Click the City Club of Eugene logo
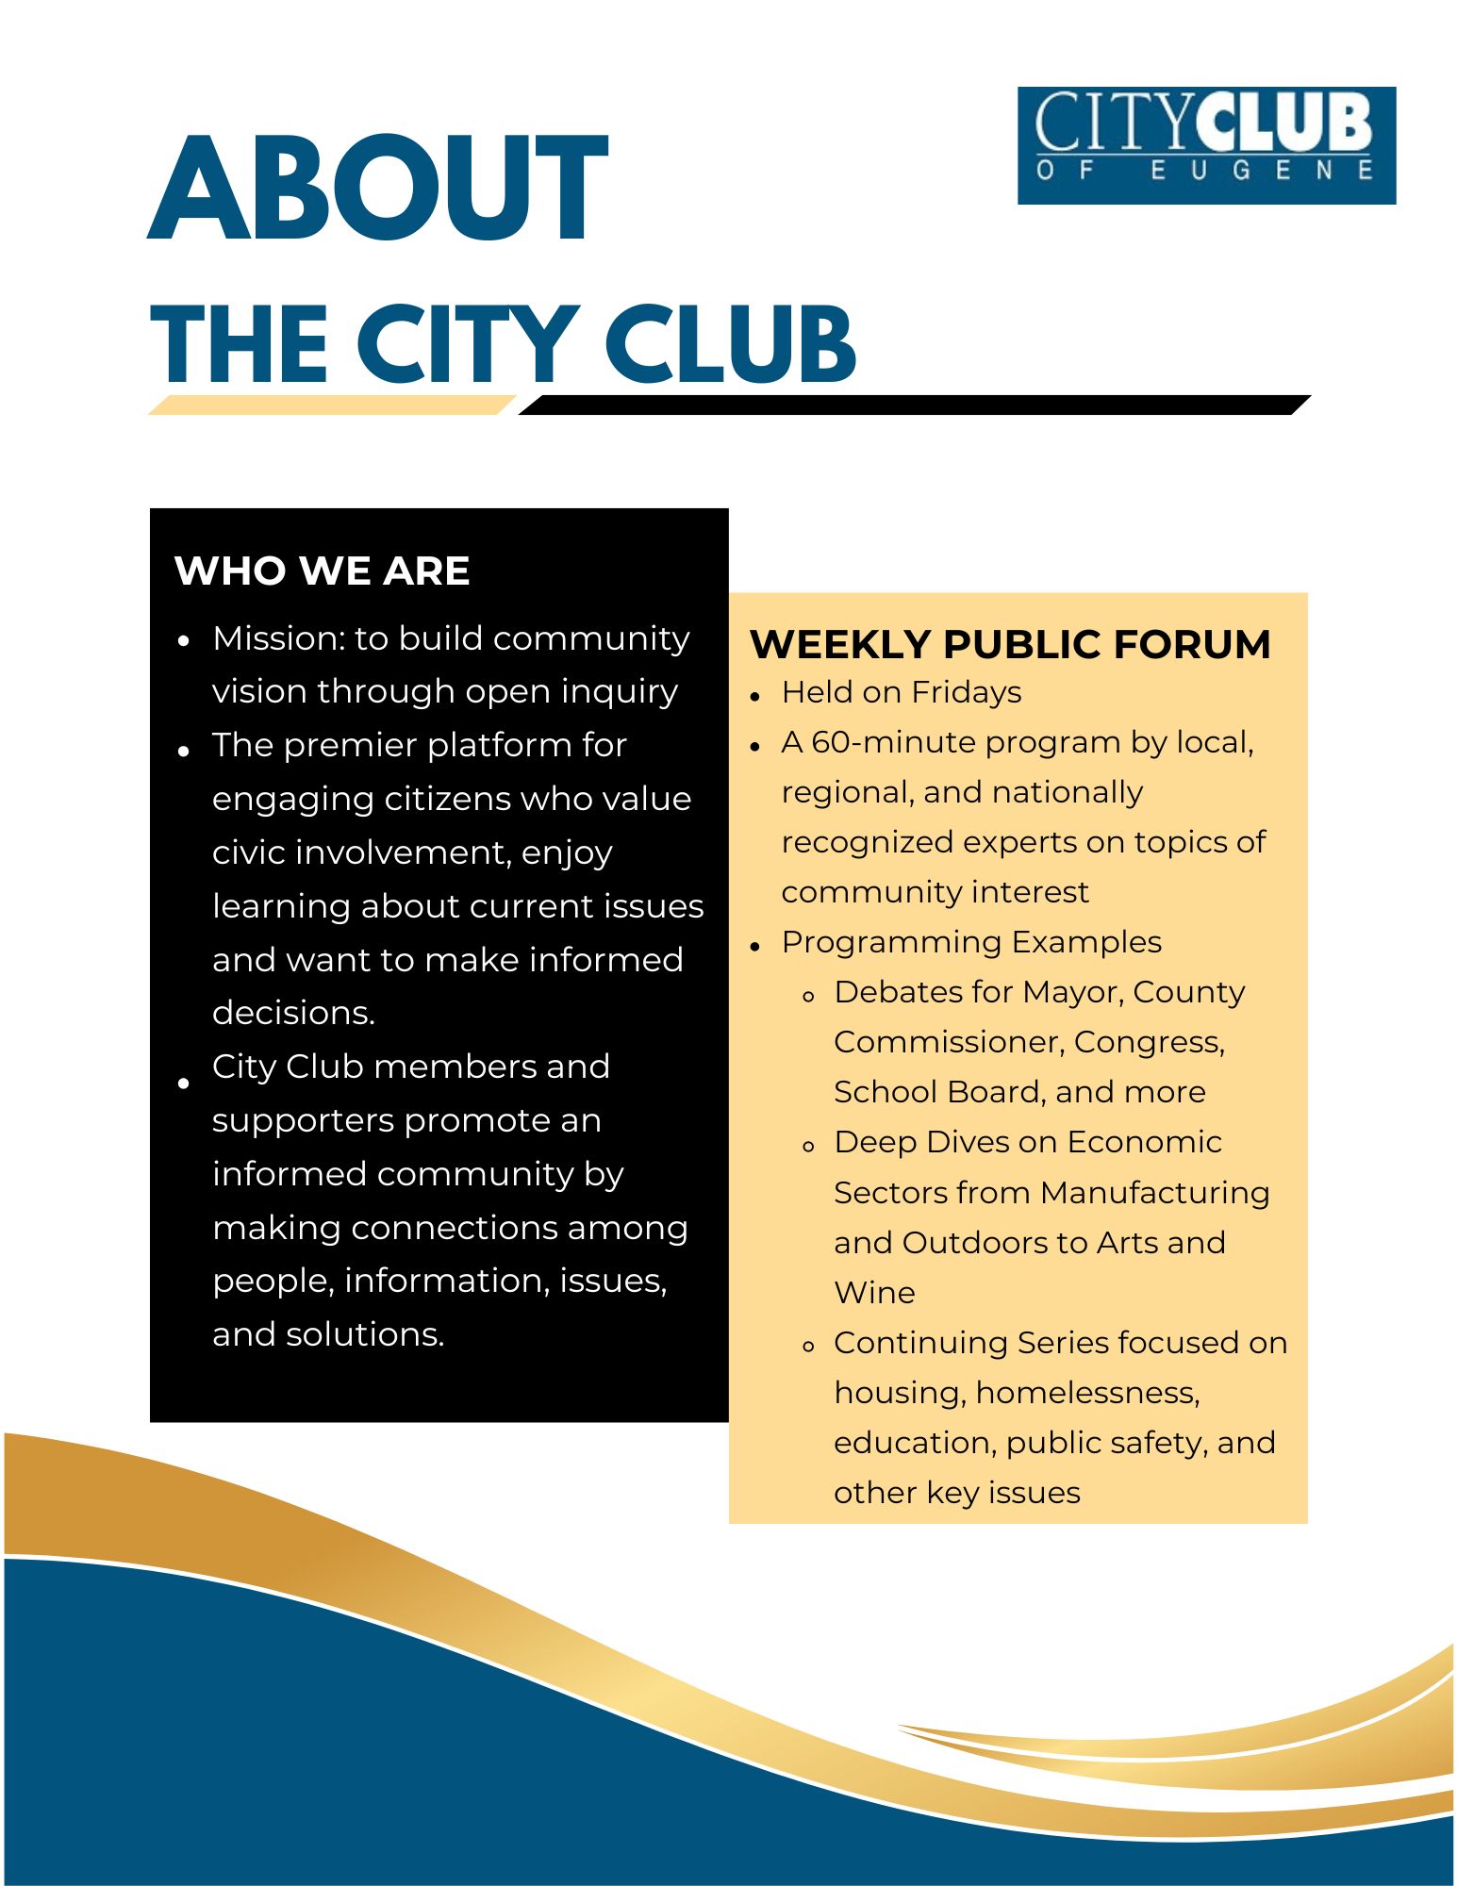[x=1205, y=145]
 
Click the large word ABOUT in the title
[x=377, y=189]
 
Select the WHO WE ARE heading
[x=322, y=571]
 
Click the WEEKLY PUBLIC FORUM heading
[x=1009, y=645]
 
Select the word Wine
[x=874, y=1293]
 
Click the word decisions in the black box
[x=292, y=1013]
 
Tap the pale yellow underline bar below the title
[x=330, y=405]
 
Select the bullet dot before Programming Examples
[x=755, y=946]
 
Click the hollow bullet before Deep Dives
[x=808, y=1147]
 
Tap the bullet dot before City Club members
[x=184, y=1084]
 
